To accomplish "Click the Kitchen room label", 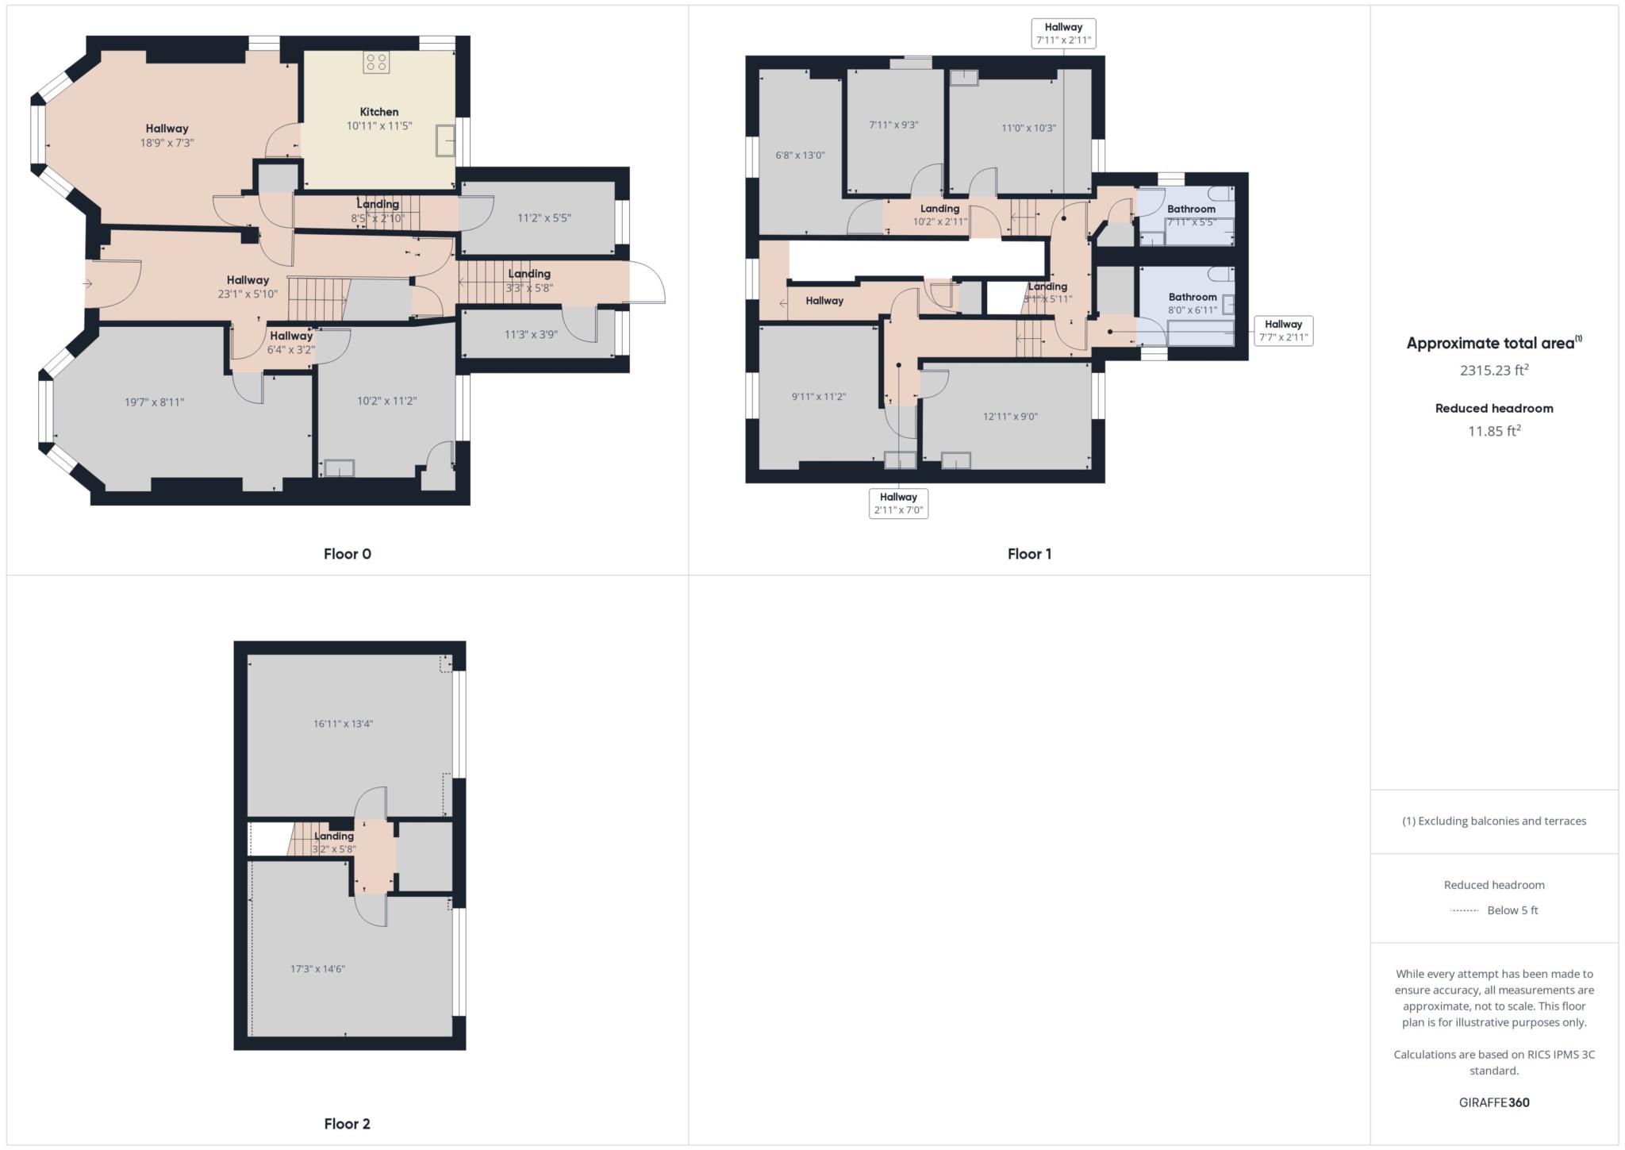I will pyautogui.click(x=378, y=112).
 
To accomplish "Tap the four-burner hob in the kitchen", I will pyautogui.click(x=376, y=63).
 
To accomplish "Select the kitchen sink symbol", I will pyautogui.click(x=444, y=140).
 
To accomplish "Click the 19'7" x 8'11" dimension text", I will pyautogui.click(x=154, y=402).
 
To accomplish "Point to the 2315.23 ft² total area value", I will pyautogui.click(x=1493, y=370).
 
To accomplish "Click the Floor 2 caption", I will pyautogui.click(x=347, y=1123).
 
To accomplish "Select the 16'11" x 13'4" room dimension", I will pyautogui.click(x=343, y=724).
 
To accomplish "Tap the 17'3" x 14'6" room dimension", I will pyautogui.click(x=317, y=969).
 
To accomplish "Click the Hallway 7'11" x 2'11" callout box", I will pyautogui.click(x=1063, y=33).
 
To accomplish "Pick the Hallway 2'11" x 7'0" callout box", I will pyautogui.click(x=898, y=503).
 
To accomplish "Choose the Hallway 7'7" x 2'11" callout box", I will pyautogui.click(x=1283, y=330).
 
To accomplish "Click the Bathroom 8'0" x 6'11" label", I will pyautogui.click(x=1192, y=303).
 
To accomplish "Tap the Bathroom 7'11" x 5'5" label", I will pyautogui.click(x=1190, y=215).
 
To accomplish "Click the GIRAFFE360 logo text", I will pyautogui.click(x=1493, y=1102).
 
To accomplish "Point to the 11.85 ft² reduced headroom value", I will pyautogui.click(x=1493, y=431).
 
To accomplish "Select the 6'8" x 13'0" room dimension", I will pyautogui.click(x=800, y=156).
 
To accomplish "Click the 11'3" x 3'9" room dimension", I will pyautogui.click(x=531, y=335).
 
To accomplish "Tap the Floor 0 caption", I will pyautogui.click(x=347, y=554).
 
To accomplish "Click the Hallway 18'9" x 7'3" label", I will pyautogui.click(x=167, y=135).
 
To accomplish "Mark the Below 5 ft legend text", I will pyautogui.click(x=1512, y=910).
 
